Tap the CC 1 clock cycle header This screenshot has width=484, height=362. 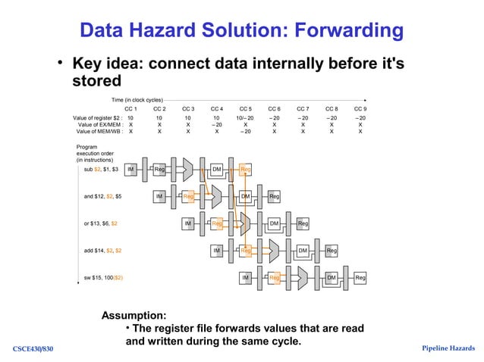point(130,109)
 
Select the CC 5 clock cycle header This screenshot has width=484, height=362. point(245,109)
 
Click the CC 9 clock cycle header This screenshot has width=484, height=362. point(360,109)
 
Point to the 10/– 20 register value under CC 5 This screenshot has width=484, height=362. point(245,118)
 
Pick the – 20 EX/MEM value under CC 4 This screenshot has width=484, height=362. point(216,124)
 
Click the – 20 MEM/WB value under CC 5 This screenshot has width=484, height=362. point(245,131)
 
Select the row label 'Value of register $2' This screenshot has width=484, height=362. point(97,118)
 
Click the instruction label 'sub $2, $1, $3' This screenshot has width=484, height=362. point(101,170)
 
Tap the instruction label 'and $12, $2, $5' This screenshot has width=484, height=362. point(102,196)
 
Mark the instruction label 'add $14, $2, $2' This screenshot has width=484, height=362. point(102,250)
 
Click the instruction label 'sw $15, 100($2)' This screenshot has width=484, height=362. point(103,277)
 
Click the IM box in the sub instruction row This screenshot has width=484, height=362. point(130,170)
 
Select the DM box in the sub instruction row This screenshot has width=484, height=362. point(216,170)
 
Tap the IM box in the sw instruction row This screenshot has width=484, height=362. point(245,278)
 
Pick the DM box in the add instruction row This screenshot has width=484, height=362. point(303,251)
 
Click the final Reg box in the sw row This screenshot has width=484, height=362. point(360,278)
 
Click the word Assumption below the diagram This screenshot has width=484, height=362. point(134,315)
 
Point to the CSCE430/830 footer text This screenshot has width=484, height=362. point(33,348)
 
